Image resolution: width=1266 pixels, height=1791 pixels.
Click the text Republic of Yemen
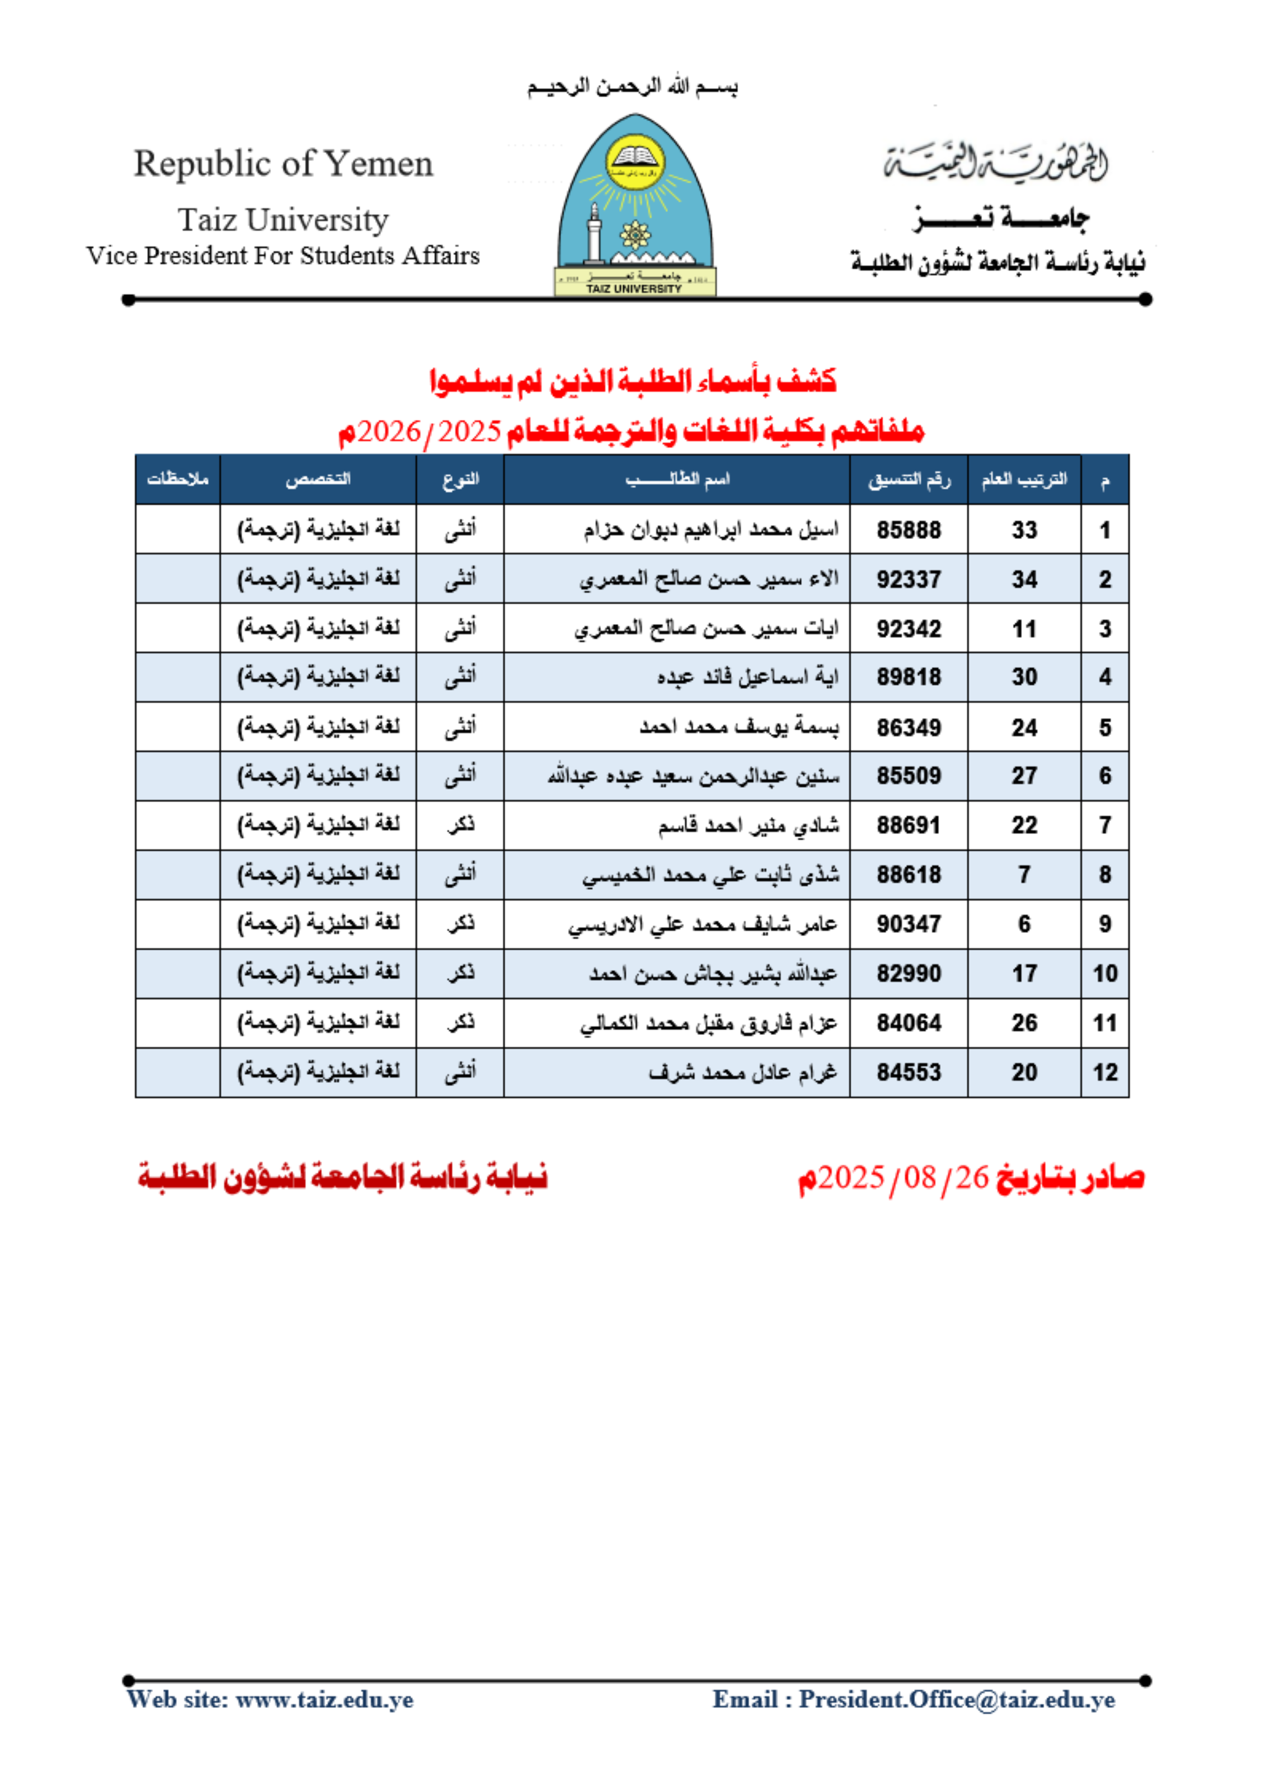click(283, 164)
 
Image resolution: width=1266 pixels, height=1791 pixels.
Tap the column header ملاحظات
click(178, 479)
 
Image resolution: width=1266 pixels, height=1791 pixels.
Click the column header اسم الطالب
click(677, 479)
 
